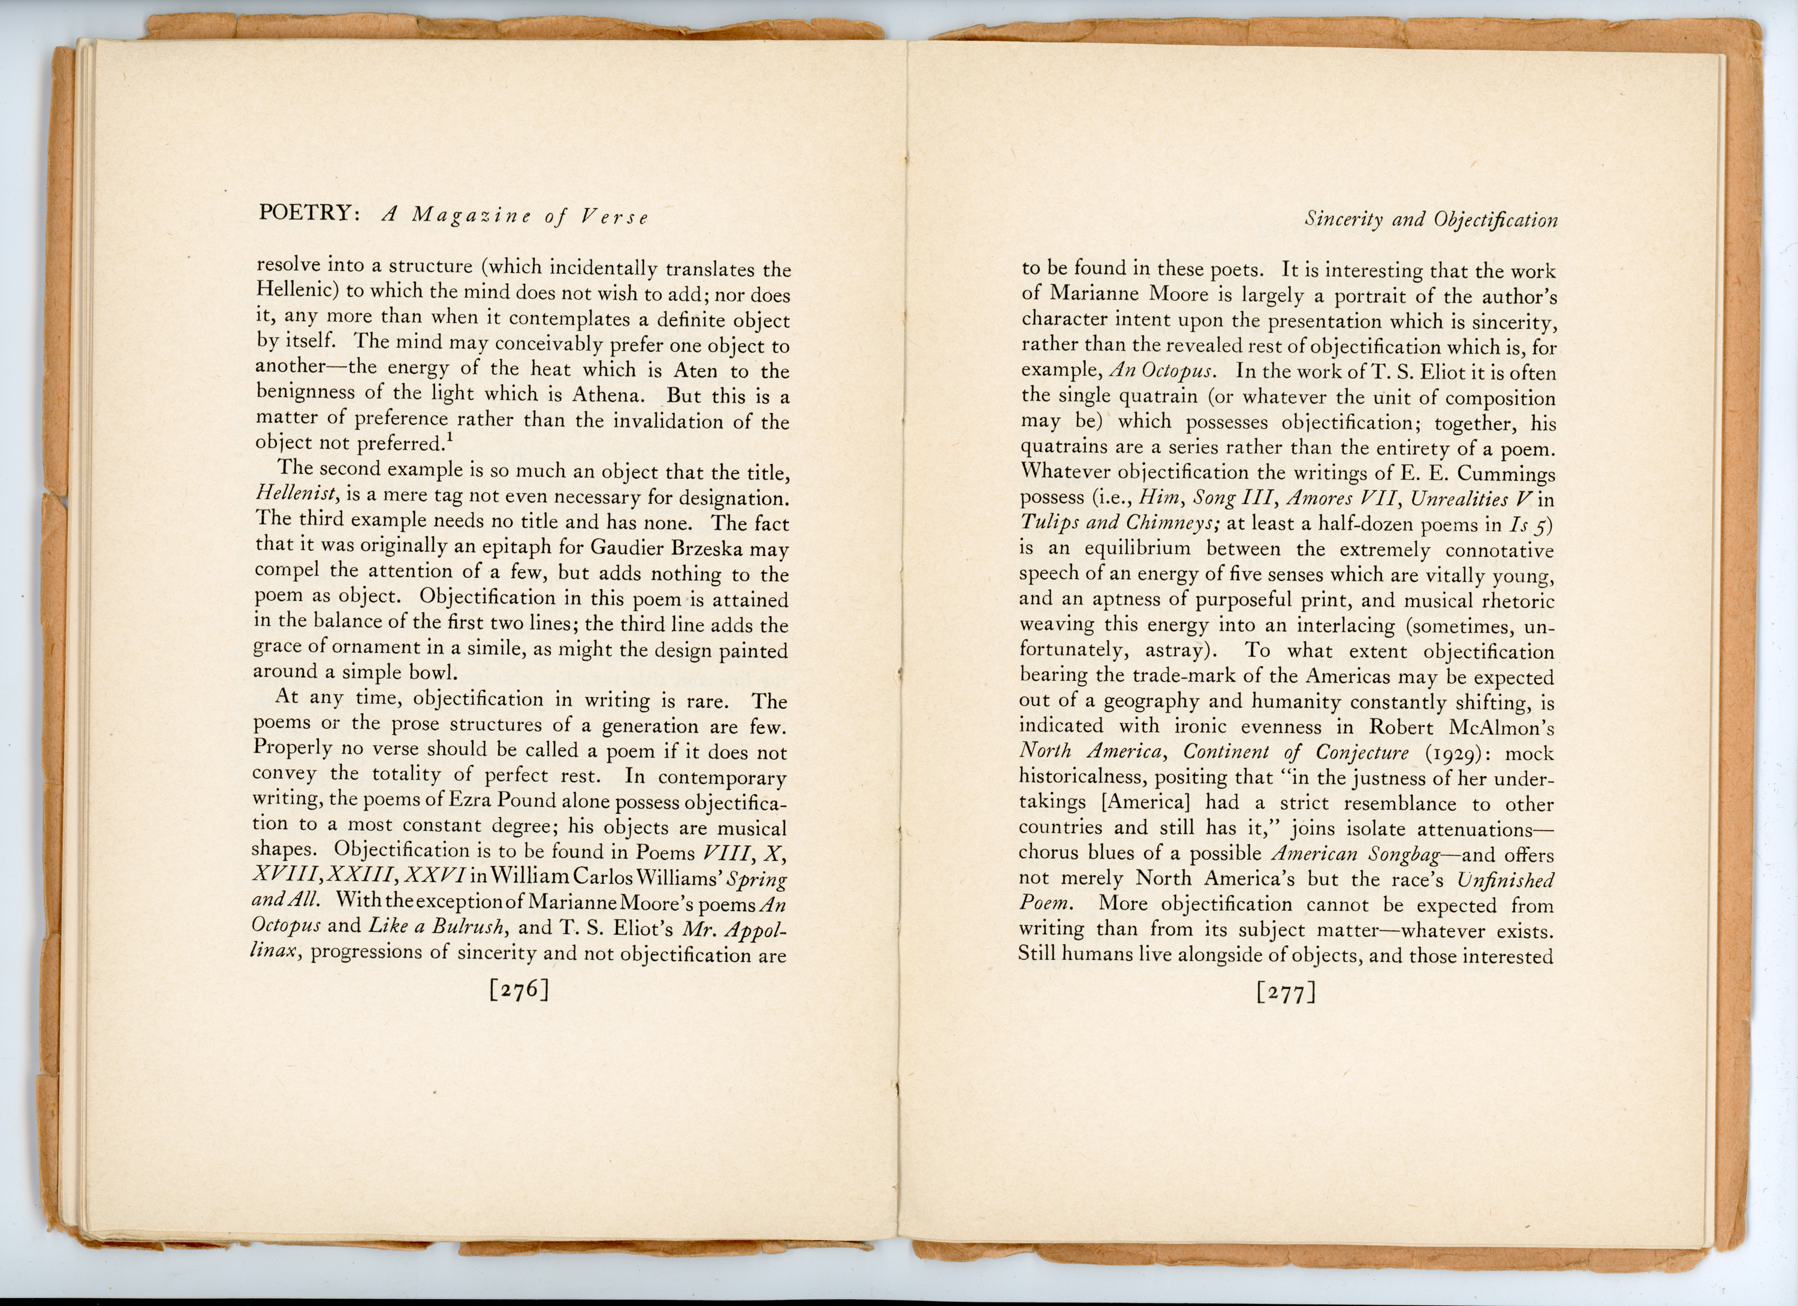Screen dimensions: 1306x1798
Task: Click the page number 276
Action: tap(519, 990)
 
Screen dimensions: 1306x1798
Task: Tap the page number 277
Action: tap(1286, 993)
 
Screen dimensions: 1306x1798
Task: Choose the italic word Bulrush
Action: tap(467, 926)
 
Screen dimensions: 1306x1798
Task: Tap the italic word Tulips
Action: tap(1046, 523)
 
